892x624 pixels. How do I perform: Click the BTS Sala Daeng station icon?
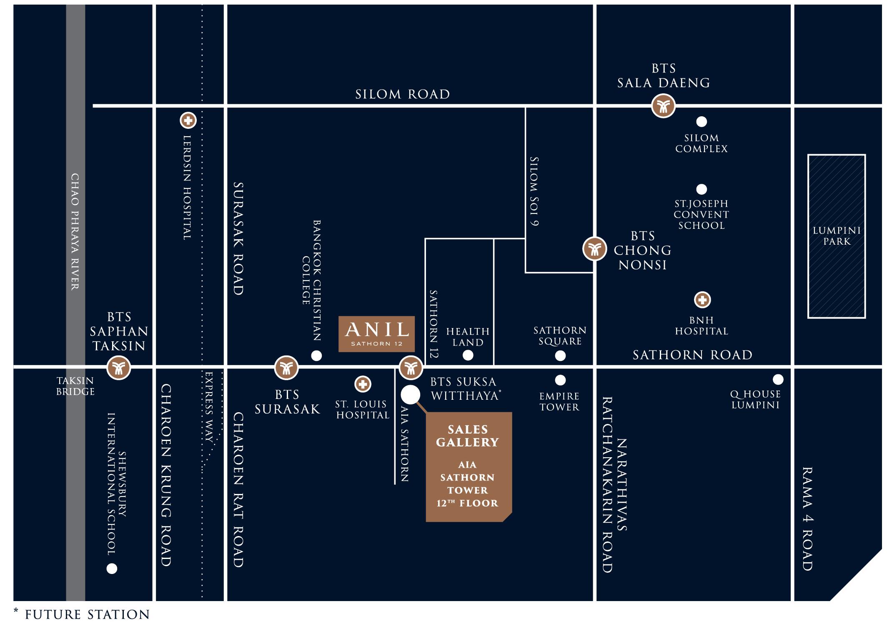[663, 106]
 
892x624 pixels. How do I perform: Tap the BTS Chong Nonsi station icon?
[594, 249]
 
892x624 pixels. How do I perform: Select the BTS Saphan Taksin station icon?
[119, 368]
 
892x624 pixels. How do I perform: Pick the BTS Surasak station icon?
[286, 368]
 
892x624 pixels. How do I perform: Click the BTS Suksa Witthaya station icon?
[411, 368]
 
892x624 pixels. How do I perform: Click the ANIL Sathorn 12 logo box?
[376, 334]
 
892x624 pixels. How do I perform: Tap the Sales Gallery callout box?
[468, 466]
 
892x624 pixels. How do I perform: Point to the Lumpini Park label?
[837, 236]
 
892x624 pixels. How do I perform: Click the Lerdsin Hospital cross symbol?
[188, 121]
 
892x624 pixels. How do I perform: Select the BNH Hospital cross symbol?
[702, 300]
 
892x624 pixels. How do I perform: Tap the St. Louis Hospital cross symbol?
[363, 384]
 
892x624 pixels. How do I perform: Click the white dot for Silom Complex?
[702, 122]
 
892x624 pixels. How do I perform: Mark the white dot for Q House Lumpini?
[778, 379]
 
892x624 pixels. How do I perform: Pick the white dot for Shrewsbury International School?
[112, 569]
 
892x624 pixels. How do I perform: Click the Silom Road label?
[402, 94]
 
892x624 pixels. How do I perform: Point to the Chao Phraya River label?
[75, 231]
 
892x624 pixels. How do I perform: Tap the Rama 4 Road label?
[808, 519]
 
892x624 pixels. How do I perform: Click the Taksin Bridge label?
[75, 386]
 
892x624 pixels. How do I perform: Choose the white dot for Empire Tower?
[560, 380]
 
